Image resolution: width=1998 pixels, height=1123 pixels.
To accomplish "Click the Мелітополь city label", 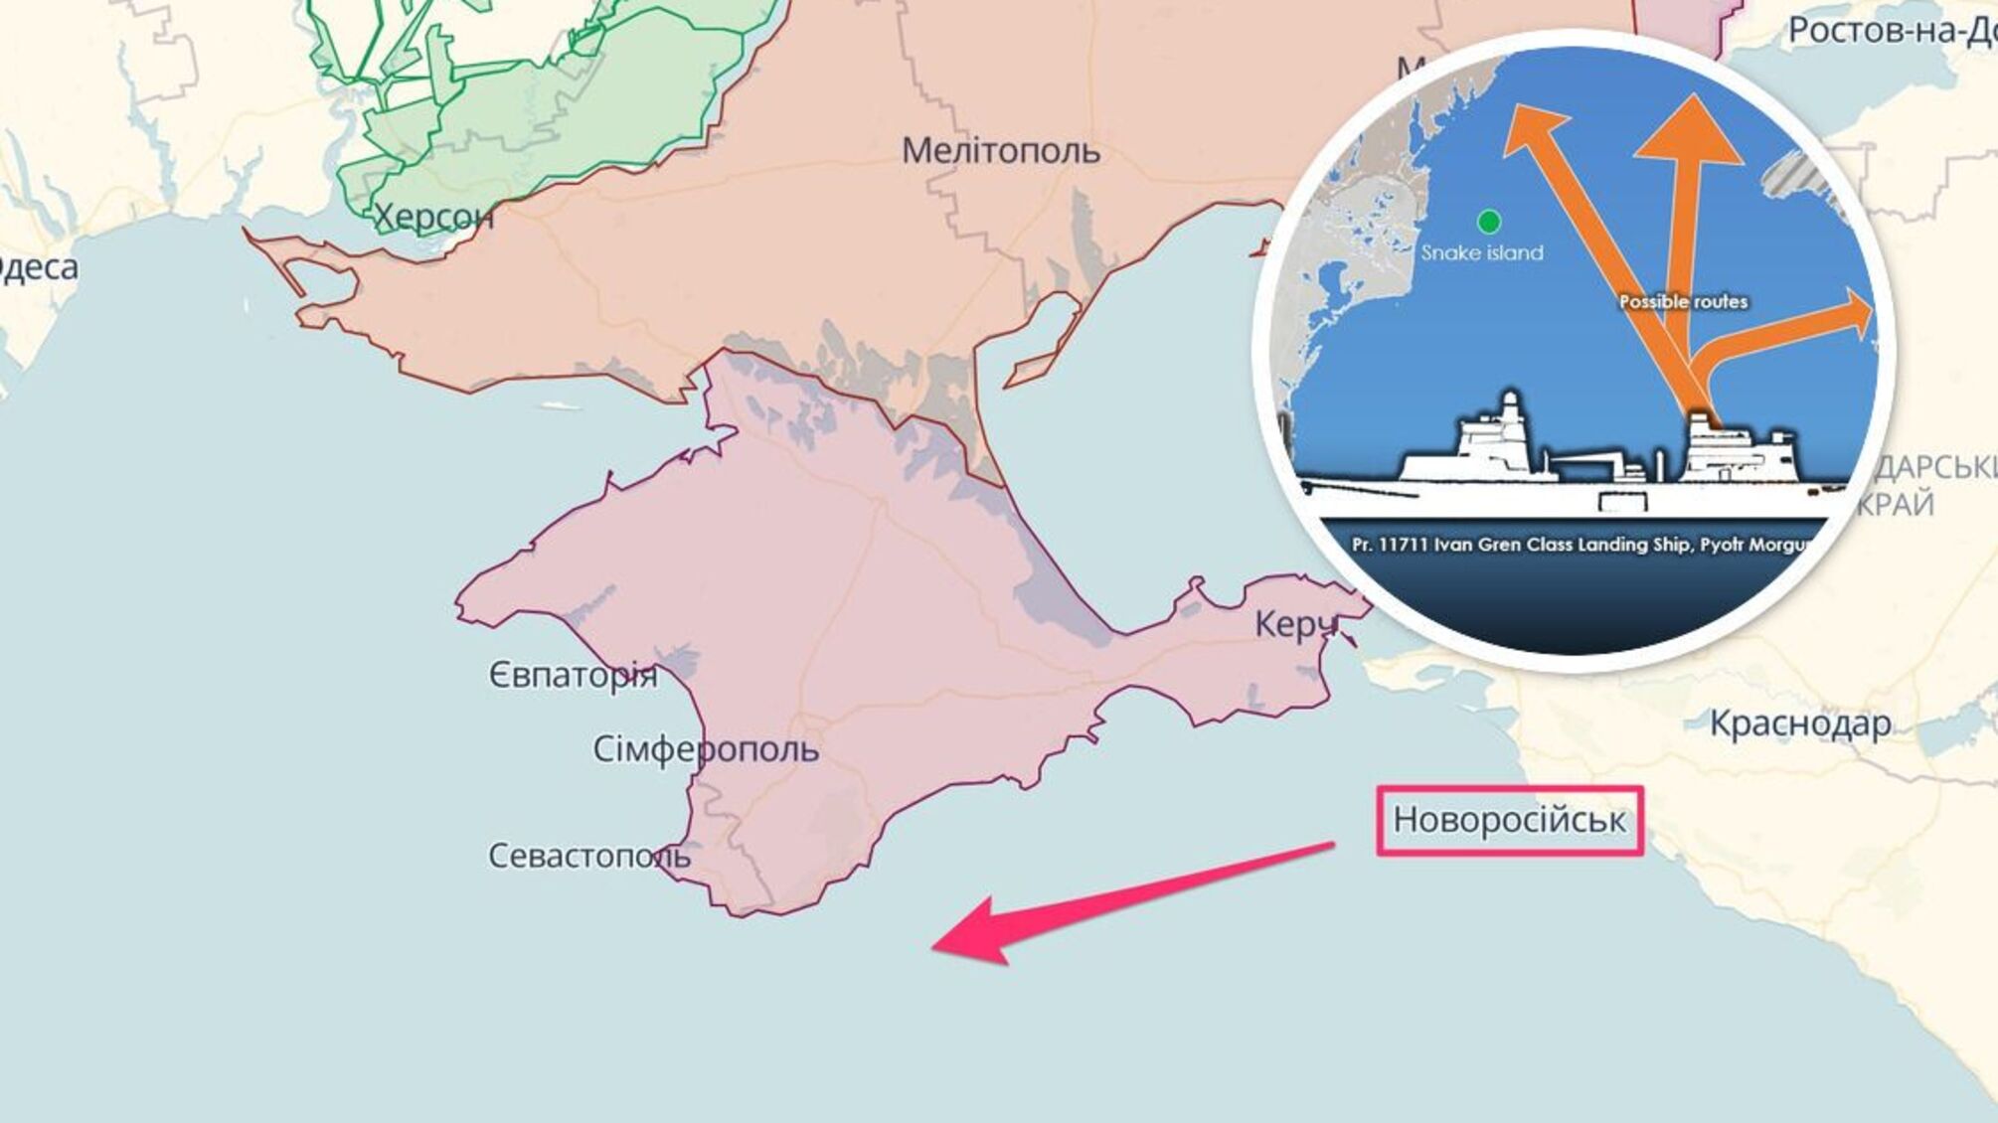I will click(1000, 151).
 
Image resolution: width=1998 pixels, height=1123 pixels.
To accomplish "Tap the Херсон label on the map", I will click(433, 216).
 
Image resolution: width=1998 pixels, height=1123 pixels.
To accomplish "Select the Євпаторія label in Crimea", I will click(573, 676).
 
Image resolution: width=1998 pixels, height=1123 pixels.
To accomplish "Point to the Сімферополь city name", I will click(706, 748).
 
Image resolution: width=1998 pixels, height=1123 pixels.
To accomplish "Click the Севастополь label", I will click(588, 856).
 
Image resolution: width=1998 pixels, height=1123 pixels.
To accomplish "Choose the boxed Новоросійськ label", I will click(1509, 820).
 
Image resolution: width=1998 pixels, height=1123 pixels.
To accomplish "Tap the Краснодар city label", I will click(1800, 722).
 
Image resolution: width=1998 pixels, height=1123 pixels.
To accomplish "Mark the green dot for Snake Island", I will click(1488, 221).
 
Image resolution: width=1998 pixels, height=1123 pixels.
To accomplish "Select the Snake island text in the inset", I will click(1482, 252).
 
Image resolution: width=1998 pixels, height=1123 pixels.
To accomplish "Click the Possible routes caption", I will click(1683, 301).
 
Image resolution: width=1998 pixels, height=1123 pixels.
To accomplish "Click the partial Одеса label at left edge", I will click(38, 267).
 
